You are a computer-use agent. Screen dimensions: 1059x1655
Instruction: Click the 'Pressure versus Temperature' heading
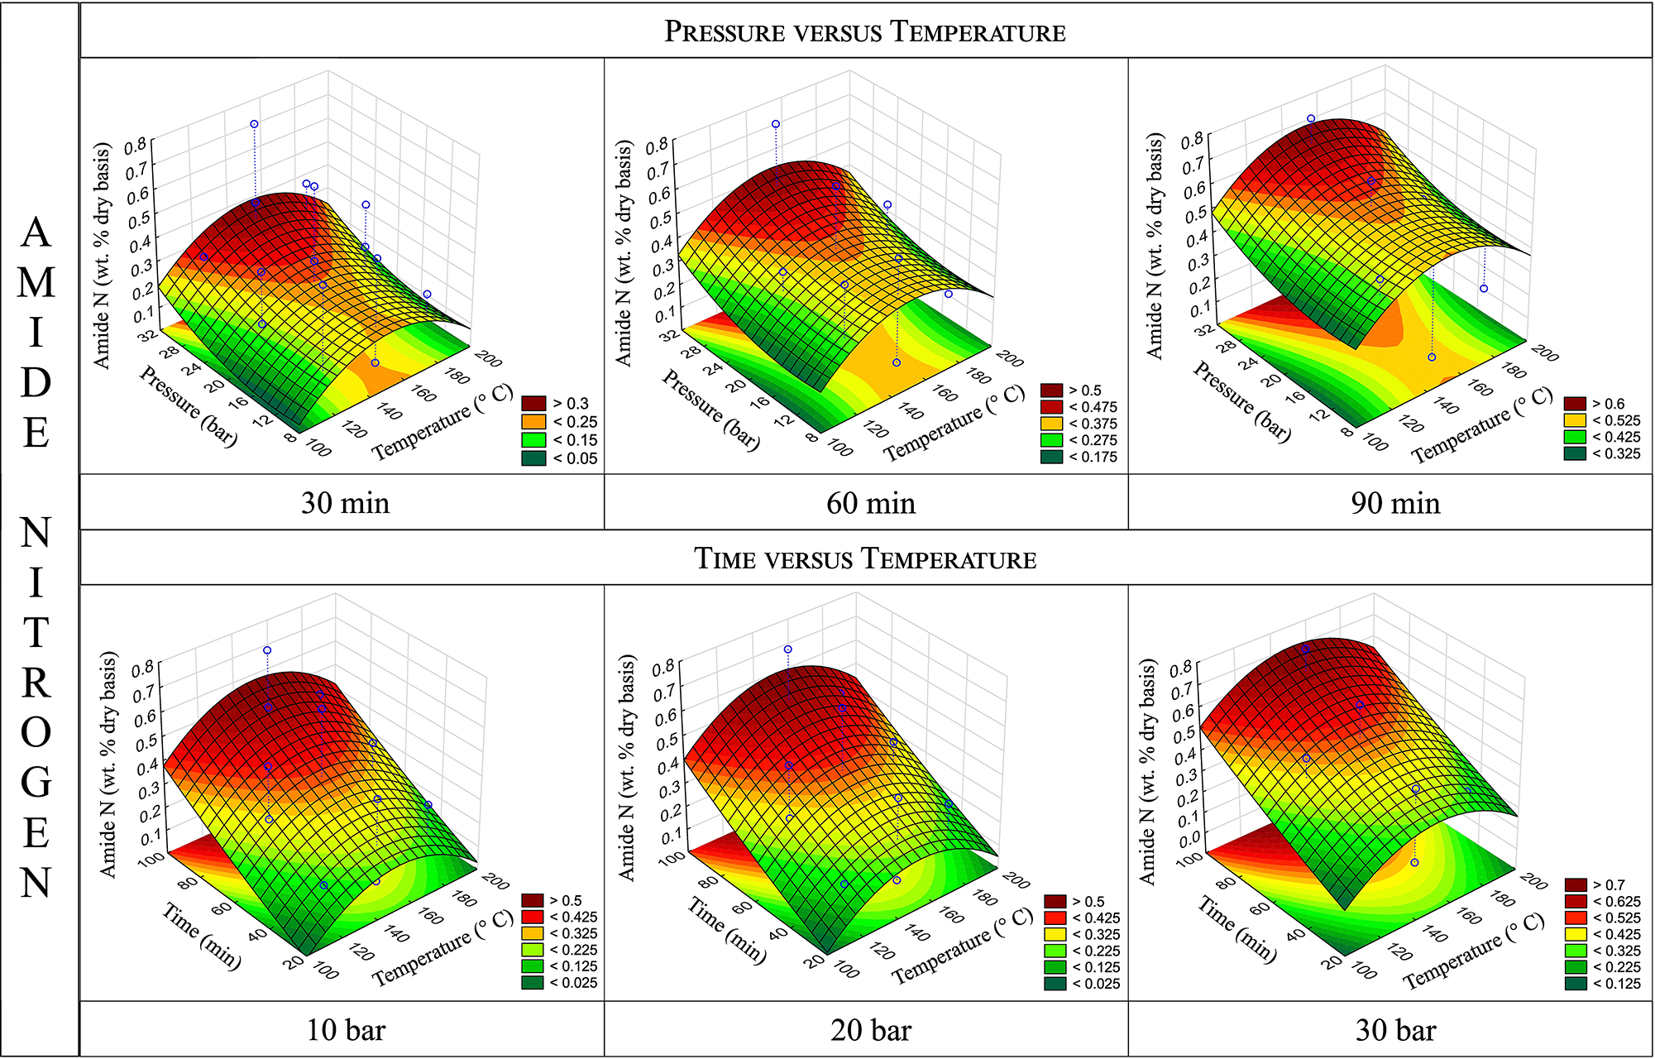[865, 31]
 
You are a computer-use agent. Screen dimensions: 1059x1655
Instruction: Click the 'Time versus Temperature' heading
[865, 558]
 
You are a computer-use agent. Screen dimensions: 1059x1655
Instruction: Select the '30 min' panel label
[345, 503]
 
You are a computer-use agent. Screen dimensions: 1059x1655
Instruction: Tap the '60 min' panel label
[870, 503]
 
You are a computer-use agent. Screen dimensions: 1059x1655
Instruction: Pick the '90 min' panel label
[1395, 503]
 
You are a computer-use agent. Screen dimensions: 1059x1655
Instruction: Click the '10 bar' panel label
[346, 1030]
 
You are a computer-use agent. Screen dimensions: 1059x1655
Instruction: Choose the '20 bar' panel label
[870, 1030]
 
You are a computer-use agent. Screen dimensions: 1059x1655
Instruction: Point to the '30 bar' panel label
[1395, 1030]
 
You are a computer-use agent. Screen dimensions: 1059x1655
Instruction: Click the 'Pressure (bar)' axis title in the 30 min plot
[188, 405]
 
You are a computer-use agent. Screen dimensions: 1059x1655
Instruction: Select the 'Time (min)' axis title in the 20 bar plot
[726, 931]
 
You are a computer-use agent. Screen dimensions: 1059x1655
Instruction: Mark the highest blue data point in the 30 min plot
[254, 124]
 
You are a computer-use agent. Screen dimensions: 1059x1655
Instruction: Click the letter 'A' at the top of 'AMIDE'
[36, 232]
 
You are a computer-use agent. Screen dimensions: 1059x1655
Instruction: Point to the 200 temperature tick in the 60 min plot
[1010, 357]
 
